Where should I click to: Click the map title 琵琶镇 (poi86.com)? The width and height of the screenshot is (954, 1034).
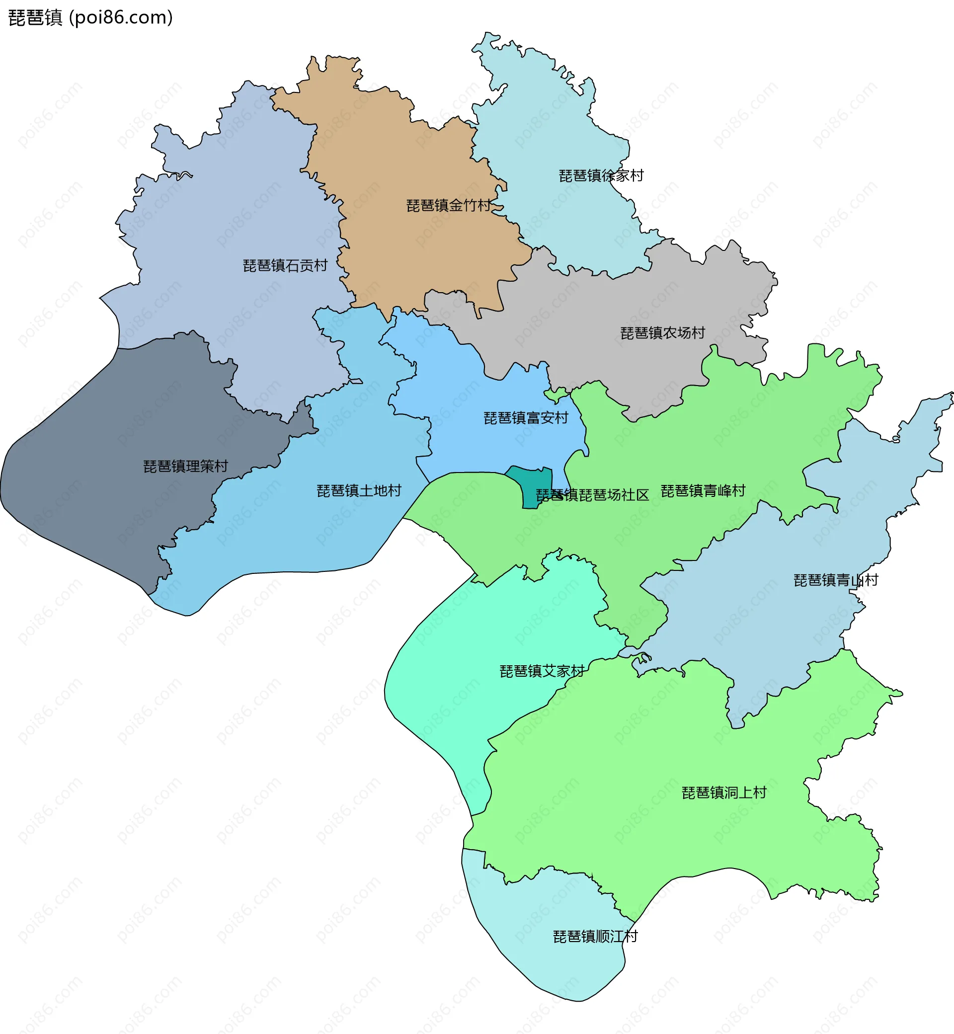(91, 17)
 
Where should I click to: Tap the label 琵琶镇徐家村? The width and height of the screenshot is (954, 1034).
(601, 176)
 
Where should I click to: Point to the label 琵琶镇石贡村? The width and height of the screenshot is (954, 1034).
(285, 266)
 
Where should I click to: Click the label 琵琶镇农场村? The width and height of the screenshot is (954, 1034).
(662, 333)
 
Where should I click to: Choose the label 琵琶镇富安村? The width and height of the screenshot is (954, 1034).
(526, 418)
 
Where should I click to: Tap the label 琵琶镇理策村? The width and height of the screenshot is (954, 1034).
(185, 467)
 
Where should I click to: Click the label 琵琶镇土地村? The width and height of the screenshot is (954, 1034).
(359, 491)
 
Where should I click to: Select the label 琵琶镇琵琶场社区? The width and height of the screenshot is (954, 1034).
(592, 495)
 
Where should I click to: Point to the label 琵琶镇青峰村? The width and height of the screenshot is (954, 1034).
(703, 491)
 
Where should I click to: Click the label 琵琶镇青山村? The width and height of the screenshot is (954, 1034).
(835, 581)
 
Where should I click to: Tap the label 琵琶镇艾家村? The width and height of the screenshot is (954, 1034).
(542, 672)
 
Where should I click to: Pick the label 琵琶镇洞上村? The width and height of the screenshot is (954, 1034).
(724, 793)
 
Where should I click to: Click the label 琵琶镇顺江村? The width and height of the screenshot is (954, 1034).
(595, 937)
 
